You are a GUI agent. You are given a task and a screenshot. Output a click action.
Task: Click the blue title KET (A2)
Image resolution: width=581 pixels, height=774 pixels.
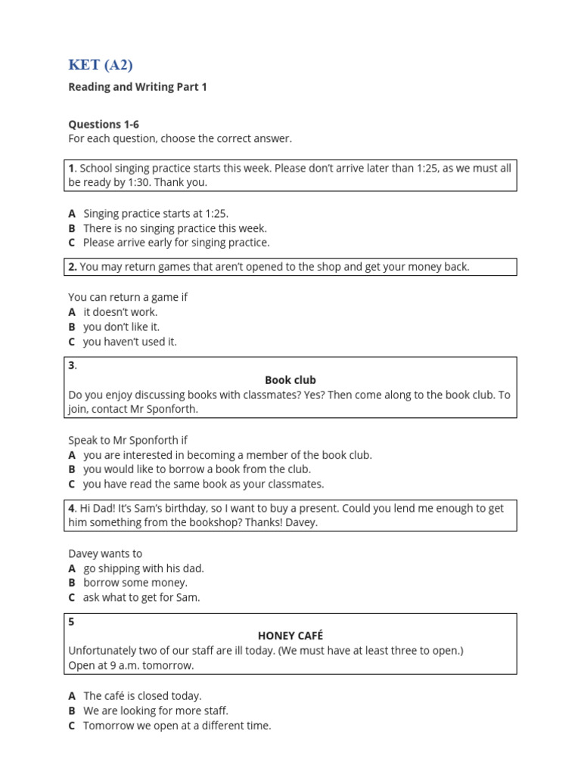click(101, 65)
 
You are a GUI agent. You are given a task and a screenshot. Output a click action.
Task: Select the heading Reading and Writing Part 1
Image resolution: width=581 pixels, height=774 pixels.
click(137, 87)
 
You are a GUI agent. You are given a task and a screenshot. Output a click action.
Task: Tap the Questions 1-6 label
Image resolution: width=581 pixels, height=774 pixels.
click(104, 124)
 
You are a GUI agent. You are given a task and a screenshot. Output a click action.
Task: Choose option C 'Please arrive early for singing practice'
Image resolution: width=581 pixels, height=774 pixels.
click(176, 243)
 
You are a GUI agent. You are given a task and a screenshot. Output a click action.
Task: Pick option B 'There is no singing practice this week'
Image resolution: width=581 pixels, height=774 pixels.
click(175, 228)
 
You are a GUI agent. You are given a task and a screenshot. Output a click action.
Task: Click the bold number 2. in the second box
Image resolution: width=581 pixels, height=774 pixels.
click(73, 267)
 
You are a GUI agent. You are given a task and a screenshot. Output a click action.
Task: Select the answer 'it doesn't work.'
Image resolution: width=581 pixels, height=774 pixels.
click(120, 312)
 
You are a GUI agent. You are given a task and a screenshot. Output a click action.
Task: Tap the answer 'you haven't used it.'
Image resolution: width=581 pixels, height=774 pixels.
click(130, 342)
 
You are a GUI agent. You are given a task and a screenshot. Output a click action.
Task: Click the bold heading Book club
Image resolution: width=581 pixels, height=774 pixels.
click(290, 380)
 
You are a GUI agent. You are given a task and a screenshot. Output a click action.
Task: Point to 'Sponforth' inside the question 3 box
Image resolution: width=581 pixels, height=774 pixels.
click(173, 409)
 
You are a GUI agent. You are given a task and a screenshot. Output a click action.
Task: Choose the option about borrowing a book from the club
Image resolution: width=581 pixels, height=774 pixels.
click(197, 469)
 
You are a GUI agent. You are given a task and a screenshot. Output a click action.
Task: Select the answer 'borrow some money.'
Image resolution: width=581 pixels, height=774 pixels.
click(135, 583)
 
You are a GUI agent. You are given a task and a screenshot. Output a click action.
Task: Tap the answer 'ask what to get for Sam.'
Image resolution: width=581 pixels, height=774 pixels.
click(141, 597)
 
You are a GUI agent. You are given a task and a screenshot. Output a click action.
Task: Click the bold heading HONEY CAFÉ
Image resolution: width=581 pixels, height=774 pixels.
click(290, 636)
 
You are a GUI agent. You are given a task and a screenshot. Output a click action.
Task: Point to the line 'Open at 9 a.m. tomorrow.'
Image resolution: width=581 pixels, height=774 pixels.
click(131, 665)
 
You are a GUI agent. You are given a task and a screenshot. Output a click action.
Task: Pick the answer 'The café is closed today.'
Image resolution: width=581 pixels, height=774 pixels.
click(142, 695)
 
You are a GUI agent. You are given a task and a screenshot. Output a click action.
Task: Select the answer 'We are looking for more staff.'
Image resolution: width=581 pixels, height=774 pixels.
click(156, 711)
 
